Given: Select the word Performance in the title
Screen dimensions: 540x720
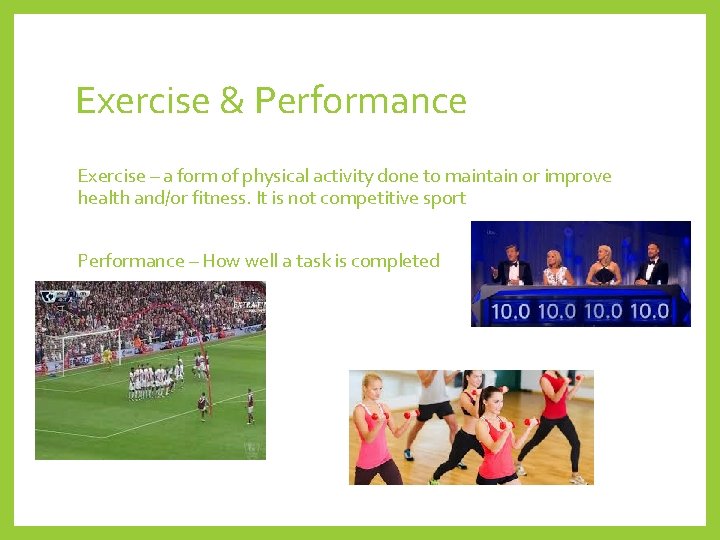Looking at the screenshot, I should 360,101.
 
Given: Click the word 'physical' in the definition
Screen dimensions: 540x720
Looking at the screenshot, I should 250,177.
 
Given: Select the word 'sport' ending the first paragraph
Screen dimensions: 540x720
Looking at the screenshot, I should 444,198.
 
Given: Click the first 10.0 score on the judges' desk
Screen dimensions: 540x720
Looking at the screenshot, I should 510,311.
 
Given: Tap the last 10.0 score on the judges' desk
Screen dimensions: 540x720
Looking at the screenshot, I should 648,311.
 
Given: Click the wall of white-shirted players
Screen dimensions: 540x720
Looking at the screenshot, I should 155,378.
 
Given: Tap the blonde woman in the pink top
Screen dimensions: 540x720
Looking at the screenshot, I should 375,431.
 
